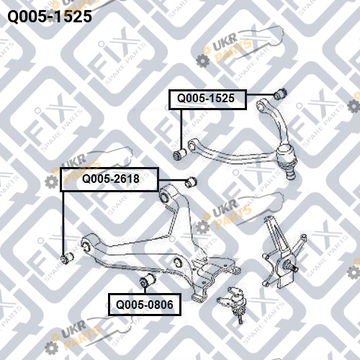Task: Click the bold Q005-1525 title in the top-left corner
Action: coord(50,17)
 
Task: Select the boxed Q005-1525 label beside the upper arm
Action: coord(207,99)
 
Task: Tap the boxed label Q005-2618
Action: coord(109,179)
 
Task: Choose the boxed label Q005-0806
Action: coord(145,305)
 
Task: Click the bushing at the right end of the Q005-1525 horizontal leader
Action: coord(280,94)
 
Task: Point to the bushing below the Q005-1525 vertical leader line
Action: coord(179,154)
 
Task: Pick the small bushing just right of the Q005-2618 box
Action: coord(191,182)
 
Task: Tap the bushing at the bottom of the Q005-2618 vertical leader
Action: coord(67,257)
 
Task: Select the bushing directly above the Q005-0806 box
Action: coord(148,280)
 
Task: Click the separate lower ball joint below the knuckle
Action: coord(233,303)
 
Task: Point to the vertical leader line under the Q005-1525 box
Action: coord(181,130)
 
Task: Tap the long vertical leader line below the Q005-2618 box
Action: coord(63,222)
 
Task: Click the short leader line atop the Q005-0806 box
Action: coord(145,289)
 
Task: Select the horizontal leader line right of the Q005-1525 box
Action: coord(261,94)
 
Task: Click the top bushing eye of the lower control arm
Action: coord(166,195)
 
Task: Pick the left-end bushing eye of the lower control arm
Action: coord(87,246)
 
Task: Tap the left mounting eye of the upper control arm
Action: coord(192,146)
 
